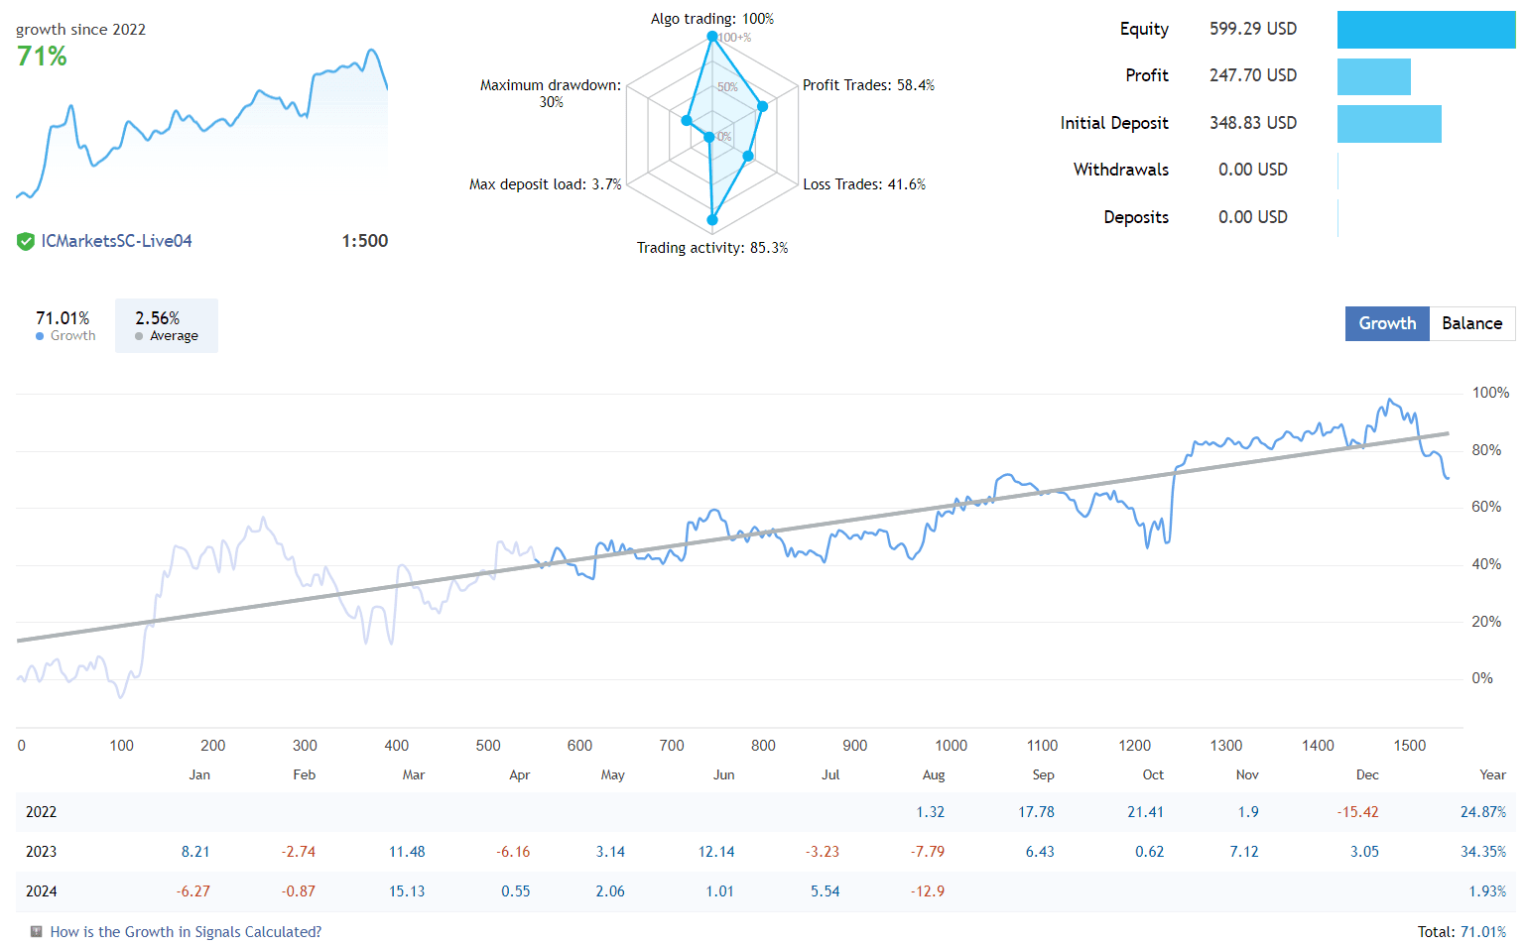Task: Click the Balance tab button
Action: [x=1471, y=323]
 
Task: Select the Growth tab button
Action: [x=1386, y=323]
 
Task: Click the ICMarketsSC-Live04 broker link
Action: [x=116, y=241]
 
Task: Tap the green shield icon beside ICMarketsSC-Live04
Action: [x=26, y=241]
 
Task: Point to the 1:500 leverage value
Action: [x=364, y=241]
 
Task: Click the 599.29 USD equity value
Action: [x=1252, y=29]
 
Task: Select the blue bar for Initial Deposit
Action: [x=1388, y=124]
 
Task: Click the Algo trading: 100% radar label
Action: [x=711, y=19]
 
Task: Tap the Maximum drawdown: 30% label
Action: [x=551, y=93]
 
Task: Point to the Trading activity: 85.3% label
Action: [x=711, y=248]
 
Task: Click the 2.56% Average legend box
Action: [x=166, y=325]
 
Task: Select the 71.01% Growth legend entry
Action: [x=64, y=325]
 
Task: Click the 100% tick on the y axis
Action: [x=1489, y=393]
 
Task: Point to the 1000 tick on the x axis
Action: [x=951, y=746]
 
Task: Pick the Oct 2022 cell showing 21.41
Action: [x=1145, y=812]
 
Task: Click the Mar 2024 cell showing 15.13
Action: [x=407, y=891]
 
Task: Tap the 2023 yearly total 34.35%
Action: [x=1482, y=852]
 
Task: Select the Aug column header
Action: [x=933, y=774]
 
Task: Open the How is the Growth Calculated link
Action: [x=186, y=932]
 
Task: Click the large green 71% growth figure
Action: [x=42, y=57]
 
